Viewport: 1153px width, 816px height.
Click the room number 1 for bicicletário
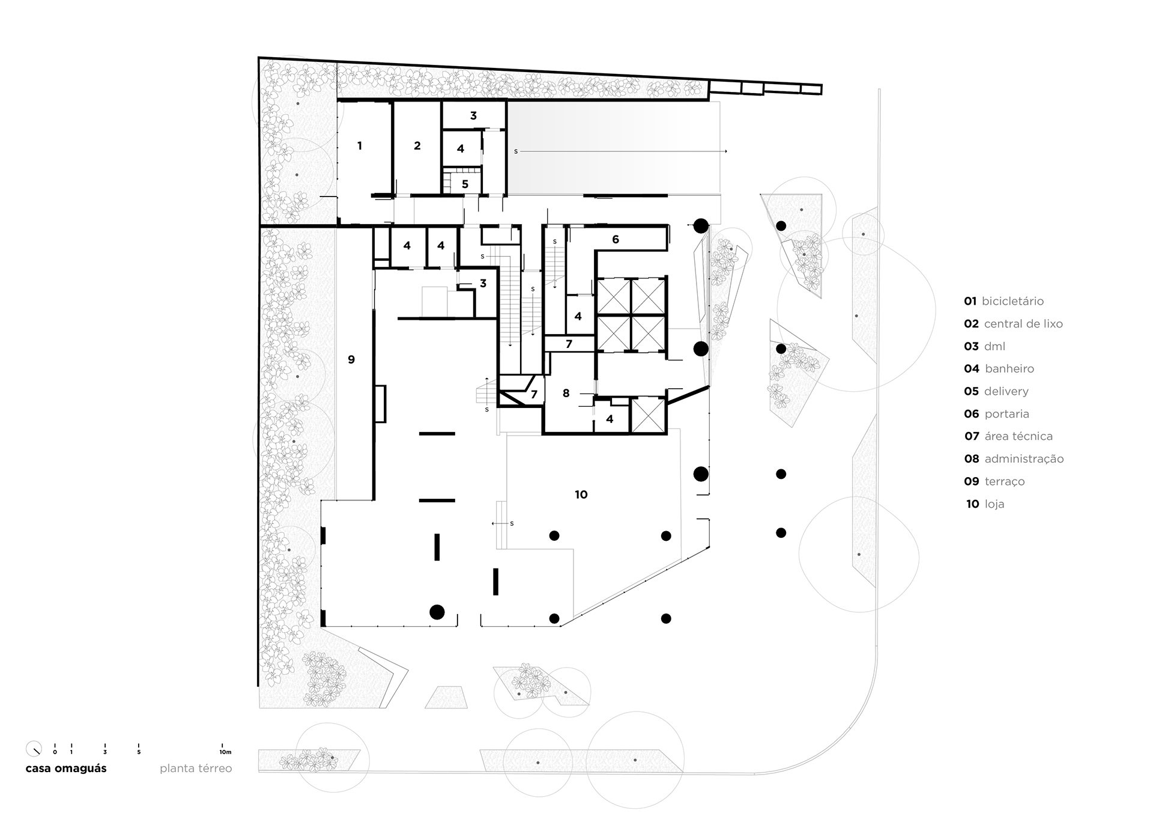[360, 145]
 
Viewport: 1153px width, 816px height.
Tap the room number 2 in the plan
[417, 145]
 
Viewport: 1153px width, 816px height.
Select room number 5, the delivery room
[465, 184]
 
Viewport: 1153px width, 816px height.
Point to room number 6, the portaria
[616, 239]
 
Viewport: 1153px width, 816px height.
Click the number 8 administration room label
[566, 393]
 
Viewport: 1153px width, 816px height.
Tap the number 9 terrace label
[351, 359]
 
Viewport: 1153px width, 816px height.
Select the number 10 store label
[581, 495]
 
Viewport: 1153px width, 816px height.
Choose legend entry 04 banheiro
[999, 369]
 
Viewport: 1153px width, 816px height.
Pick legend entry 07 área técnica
[1008, 436]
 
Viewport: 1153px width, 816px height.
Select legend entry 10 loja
[985, 504]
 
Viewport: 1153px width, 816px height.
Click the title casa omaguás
[66, 769]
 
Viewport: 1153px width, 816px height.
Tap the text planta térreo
[196, 769]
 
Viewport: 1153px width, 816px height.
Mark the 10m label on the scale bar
[225, 752]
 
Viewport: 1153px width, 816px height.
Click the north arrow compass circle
[34, 749]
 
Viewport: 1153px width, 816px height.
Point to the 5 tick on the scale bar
[139, 752]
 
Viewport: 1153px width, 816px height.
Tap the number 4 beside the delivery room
[461, 148]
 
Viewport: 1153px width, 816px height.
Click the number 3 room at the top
[473, 115]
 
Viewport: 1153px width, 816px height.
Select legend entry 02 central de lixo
[1013, 324]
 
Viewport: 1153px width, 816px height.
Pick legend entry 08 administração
[1014, 459]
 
